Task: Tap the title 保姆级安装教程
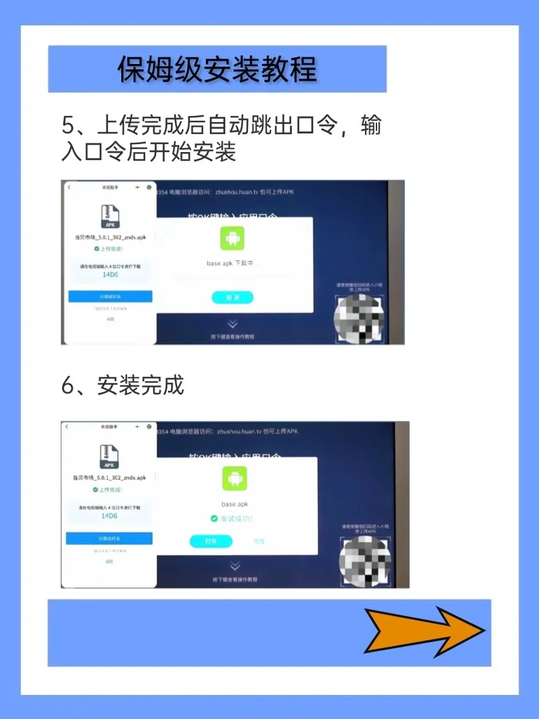[x=217, y=69]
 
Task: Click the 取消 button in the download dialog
[x=233, y=297]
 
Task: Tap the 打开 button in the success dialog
[x=211, y=542]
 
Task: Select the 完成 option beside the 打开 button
[x=259, y=542]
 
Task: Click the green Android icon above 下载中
[x=233, y=238]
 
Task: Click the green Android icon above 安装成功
[x=235, y=478]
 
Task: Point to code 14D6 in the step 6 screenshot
[x=109, y=516]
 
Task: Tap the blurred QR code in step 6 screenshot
[x=364, y=561]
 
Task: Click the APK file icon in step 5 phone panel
[x=110, y=217]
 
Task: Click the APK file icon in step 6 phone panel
[x=109, y=458]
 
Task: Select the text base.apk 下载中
[x=231, y=263]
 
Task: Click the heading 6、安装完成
[x=123, y=386]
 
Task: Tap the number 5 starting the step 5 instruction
[x=67, y=125]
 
